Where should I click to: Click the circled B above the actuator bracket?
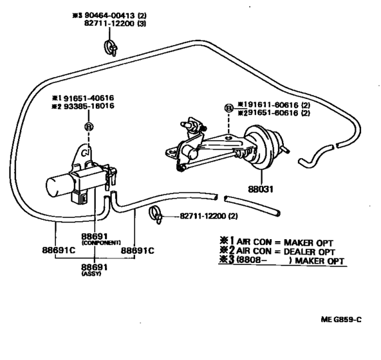[x=228, y=109]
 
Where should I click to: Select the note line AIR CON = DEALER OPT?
[x=284, y=251]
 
